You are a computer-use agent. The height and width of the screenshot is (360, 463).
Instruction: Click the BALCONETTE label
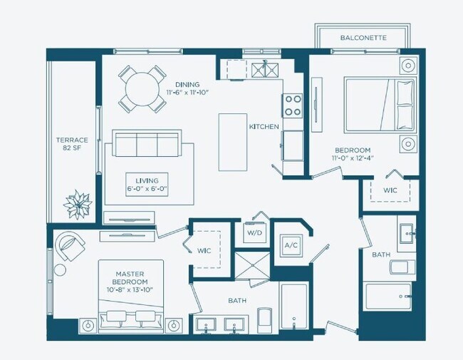363,37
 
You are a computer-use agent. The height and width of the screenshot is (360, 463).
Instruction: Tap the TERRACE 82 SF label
72,145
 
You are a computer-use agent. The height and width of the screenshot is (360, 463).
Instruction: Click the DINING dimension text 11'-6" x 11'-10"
188,93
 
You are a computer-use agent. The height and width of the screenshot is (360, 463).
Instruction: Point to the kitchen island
231,143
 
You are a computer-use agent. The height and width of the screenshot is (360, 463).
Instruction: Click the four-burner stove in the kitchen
293,106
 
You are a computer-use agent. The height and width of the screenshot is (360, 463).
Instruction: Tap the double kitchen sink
265,70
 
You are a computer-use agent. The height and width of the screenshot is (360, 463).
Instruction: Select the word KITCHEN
264,126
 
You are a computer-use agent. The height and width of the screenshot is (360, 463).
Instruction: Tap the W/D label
254,233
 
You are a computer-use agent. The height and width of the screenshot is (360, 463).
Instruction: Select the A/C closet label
291,245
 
